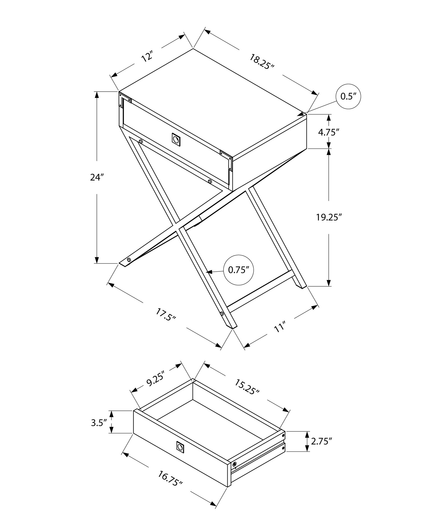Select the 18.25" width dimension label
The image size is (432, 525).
tap(261, 61)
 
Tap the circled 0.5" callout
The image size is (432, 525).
tap(348, 97)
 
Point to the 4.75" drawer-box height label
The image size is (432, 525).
tap(327, 132)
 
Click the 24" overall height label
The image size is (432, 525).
tap(95, 177)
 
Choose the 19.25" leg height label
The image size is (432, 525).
tap(329, 218)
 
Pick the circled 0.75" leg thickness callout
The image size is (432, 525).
tap(238, 270)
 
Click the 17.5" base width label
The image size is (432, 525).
tap(166, 314)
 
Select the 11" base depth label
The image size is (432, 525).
tap(279, 328)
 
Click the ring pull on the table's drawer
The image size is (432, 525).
tap(176, 139)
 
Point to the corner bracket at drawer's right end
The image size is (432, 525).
tap(226, 159)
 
